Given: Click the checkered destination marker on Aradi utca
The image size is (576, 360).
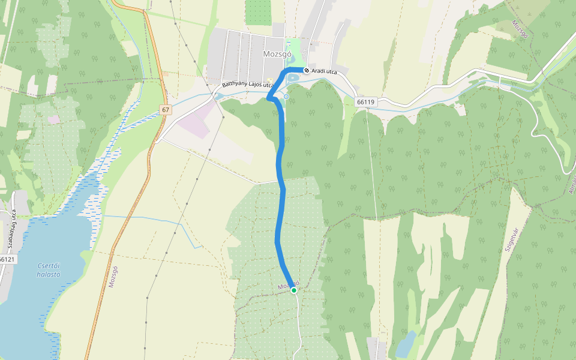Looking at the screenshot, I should (x=307, y=71).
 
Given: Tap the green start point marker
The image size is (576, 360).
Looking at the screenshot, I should (x=294, y=290).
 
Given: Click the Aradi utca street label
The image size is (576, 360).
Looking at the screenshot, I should (x=325, y=71).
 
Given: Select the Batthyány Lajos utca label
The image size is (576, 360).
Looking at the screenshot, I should (x=247, y=85).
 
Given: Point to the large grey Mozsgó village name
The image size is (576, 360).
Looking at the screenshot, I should (x=277, y=54).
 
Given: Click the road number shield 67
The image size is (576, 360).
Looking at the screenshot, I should (x=166, y=110).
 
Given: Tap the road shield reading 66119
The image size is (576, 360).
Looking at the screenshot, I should (x=365, y=102).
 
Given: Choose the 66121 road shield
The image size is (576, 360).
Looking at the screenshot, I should (x=7, y=259).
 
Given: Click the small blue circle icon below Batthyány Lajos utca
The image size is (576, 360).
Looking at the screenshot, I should (x=286, y=97).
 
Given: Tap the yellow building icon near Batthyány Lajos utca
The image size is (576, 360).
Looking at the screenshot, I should (x=270, y=82).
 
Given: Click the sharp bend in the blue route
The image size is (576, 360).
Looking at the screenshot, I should (x=268, y=98).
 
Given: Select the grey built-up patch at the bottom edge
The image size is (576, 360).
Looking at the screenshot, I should (x=377, y=349).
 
